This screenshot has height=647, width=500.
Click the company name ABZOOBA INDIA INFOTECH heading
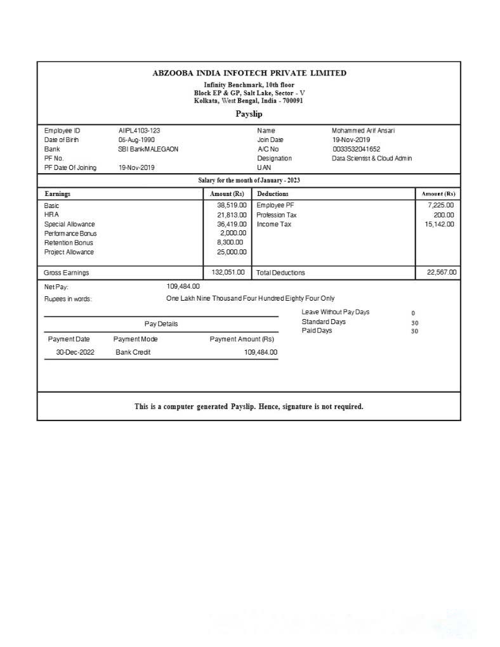coord(249,73)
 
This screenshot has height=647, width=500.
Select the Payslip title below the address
coord(249,114)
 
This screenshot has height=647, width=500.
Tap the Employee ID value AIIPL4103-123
coord(139,131)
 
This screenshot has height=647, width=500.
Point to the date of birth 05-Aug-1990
coord(136,140)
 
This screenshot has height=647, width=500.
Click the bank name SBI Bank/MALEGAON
coord(148,149)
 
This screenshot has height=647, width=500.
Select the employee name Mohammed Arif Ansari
coord(363,131)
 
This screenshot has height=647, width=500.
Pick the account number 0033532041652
coord(356,149)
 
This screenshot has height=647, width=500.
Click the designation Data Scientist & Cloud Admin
coord(372,158)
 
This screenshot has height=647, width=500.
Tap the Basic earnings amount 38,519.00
coord(232,206)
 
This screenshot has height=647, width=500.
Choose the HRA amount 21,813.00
coord(232,215)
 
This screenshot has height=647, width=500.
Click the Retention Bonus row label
coord(69,243)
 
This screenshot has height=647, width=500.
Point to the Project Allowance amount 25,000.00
coord(232,252)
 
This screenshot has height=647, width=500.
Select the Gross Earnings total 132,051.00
coord(228,272)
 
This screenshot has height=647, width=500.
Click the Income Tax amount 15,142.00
coord(439,224)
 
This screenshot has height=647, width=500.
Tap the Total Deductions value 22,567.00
coord(441,272)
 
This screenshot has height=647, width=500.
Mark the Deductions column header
coord(273,193)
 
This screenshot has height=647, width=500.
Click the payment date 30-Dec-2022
coord(75,352)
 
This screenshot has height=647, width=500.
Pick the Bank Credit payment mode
coord(133,352)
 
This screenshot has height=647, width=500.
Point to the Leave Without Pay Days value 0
coord(413,313)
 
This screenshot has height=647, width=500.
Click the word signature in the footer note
coord(298,407)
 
